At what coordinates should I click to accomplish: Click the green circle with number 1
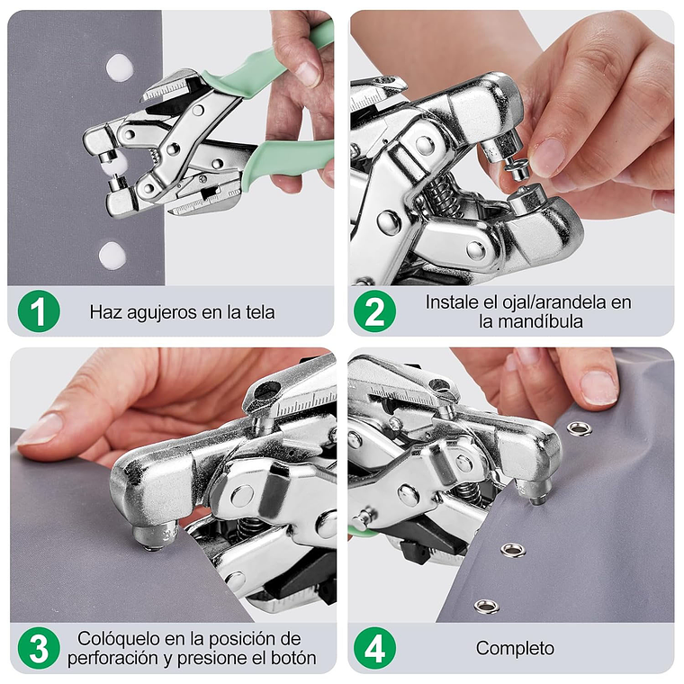pyautogui.click(x=39, y=311)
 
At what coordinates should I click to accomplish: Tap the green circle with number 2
pyautogui.click(x=374, y=311)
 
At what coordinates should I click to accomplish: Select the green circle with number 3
pyautogui.click(x=39, y=648)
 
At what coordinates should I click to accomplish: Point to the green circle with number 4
pyautogui.click(x=374, y=648)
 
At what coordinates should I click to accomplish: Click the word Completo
pyautogui.click(x=515, y=649)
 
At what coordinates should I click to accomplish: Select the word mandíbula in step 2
pyautogui.click(x=530, y=321)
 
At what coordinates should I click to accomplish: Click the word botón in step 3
pyautogui.click(x=293, y=658)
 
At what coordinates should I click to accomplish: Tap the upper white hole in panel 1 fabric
pyautogui.click(x=120, y=67)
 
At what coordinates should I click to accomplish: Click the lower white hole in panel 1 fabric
pyautogui.click(x=112, y=256)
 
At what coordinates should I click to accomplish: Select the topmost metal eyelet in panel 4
pyautogui.click(x=580, y=428)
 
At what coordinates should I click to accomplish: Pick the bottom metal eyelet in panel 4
pyautogui.click(x=487, y=606)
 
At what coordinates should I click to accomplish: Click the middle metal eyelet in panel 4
pyautogui.click(x=513, y=551)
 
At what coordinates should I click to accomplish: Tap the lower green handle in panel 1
pyautogui.click(x=284, y=160)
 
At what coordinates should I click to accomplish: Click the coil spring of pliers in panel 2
pyautogui.click(x=442, y=194)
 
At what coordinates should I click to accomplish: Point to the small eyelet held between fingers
pyautogui.click(x=517, y=168)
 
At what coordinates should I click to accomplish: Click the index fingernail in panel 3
pyautogui.click(x=40, y=429)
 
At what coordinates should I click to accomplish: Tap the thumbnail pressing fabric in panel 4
pyautogui.click(x=598, y=387)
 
